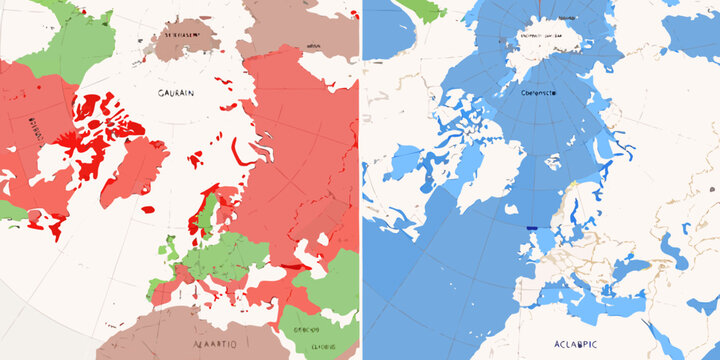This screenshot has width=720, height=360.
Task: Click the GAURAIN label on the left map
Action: tap(178, 91)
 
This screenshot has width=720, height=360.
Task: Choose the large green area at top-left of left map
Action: tap(60, 40)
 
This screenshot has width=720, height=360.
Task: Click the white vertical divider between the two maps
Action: tap(360, 180)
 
